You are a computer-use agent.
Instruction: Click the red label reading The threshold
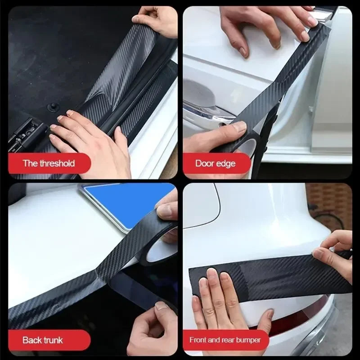(x=49, y=163)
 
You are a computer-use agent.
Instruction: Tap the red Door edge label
(x=216, y=163)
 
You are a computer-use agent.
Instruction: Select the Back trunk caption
(x=43, y=340)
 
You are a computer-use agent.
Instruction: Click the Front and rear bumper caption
(x=225, y=340)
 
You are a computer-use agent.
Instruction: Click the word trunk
(x=53, y=340)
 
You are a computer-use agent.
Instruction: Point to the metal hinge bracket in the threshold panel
(x=20, y=133)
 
